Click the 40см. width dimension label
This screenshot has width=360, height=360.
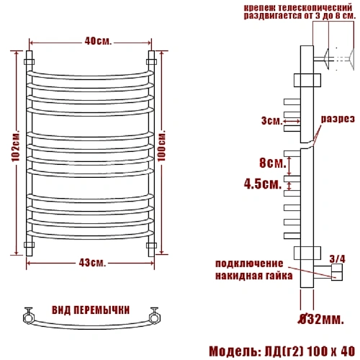tap(98, 41)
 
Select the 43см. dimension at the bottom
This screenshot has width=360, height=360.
tap(92, 263)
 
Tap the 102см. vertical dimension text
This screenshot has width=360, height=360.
tap(16, 146)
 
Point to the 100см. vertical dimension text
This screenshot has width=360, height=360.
tap(162, 145)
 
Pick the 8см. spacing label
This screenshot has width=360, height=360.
tap(273, 163)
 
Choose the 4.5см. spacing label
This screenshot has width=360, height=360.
tap(263, 184)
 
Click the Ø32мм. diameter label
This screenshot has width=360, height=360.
tap(321, 319)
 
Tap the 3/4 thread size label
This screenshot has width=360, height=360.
tap(338, 259)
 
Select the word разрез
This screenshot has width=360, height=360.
tap(338, 119)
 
